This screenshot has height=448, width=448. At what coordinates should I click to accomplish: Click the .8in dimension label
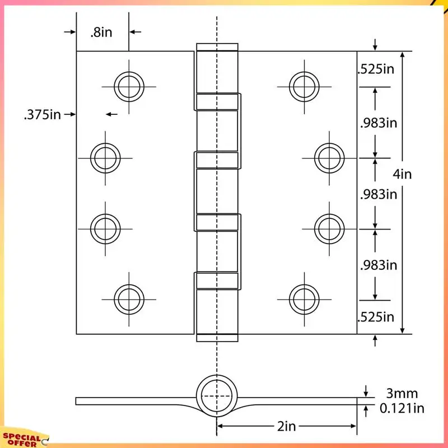pos(101,32)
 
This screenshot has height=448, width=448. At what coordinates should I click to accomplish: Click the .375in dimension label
pos(42,115)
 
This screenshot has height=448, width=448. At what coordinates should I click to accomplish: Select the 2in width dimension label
pos(286,427)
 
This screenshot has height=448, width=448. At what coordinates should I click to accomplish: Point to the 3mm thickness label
pos(402,394)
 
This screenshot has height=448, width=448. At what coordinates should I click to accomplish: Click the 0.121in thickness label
pos(402,409)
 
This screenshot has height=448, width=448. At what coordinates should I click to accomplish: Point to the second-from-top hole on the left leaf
pos(105,158)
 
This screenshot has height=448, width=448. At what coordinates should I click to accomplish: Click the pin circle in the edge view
pos(217,396)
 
